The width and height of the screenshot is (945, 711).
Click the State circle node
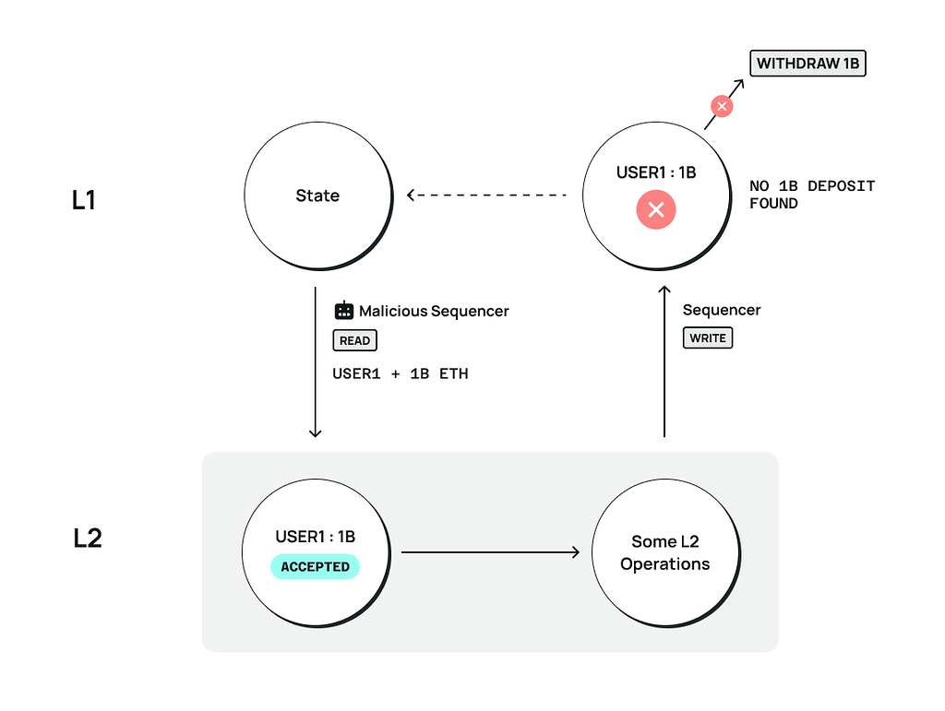pos(317,196)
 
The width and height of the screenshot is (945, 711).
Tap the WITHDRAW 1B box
pos(807,64)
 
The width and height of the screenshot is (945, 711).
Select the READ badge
pos(354,340)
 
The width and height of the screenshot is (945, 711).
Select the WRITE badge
pos(707,338)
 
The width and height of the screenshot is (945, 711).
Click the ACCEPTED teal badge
pos(315,566)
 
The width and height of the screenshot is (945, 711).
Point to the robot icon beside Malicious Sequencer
pos(343,311)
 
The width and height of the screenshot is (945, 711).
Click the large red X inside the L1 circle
pos(655,210)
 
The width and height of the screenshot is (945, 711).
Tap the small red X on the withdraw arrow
pos(722,107)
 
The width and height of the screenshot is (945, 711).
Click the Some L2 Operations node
pos(664,552)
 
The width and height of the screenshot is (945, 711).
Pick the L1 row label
pos(84,200)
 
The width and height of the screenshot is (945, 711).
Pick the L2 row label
pos(87,538)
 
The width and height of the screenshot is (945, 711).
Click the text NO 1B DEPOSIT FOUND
pos(811,195)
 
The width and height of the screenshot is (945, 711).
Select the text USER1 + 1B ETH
pos(400,374)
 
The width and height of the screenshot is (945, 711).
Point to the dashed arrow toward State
pos(486,196)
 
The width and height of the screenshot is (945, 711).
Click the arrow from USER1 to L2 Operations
pos(490,552)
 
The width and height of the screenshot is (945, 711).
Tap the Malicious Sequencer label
pos(433,311)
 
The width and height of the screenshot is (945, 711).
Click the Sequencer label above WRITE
pos(721,310)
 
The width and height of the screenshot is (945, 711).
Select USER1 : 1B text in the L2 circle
pos(315,537)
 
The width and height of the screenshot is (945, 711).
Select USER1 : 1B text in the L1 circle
pos(655,172)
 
